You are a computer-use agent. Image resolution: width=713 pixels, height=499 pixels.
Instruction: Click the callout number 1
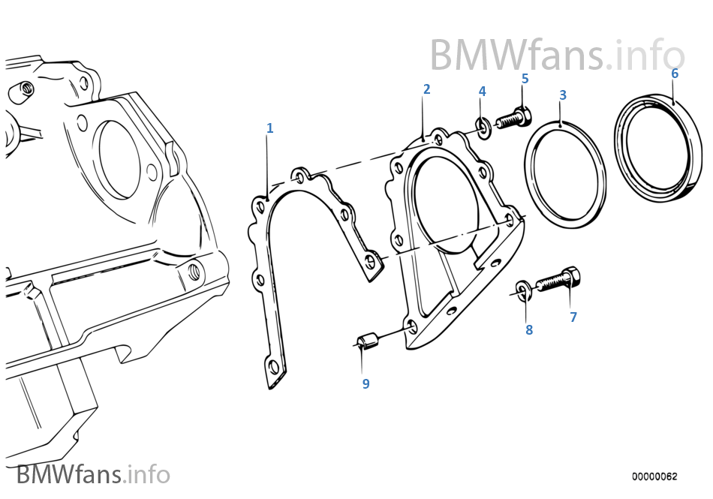tap(269, 128)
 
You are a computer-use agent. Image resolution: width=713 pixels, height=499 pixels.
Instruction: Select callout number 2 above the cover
tap(426, 89)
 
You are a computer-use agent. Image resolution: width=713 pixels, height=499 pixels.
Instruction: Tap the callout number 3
tap(563, 95)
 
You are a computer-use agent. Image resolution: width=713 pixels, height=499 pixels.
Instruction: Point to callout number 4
tap(482, 92)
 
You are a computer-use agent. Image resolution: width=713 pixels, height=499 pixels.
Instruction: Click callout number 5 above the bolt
tap(525, 79)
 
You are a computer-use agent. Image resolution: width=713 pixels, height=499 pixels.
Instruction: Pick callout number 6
tap(675, 74)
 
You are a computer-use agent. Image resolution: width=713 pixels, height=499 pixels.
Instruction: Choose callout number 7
tap(573, 317)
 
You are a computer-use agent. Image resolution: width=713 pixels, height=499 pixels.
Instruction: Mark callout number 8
tap(529, 329)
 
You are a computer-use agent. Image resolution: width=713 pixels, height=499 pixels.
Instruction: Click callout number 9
tap(366, 383)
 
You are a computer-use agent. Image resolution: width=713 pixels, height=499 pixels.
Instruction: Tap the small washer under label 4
tap(483, 128)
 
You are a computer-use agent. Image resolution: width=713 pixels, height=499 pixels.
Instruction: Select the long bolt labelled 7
tap(558, 279)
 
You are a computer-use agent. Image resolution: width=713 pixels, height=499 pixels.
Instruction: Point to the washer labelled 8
tap(523, 291)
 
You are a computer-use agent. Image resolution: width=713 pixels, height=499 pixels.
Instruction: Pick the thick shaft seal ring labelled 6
tap(657, 146)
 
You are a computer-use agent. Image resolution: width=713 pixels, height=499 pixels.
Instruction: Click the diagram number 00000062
tap(654, 476)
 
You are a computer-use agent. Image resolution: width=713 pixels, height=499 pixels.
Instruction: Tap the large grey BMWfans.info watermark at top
tap(558, 55)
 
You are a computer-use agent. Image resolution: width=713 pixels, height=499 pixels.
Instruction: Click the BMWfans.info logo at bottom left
tap(93, 474)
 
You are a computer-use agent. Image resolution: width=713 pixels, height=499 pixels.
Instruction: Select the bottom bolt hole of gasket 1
tap(273, 366)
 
